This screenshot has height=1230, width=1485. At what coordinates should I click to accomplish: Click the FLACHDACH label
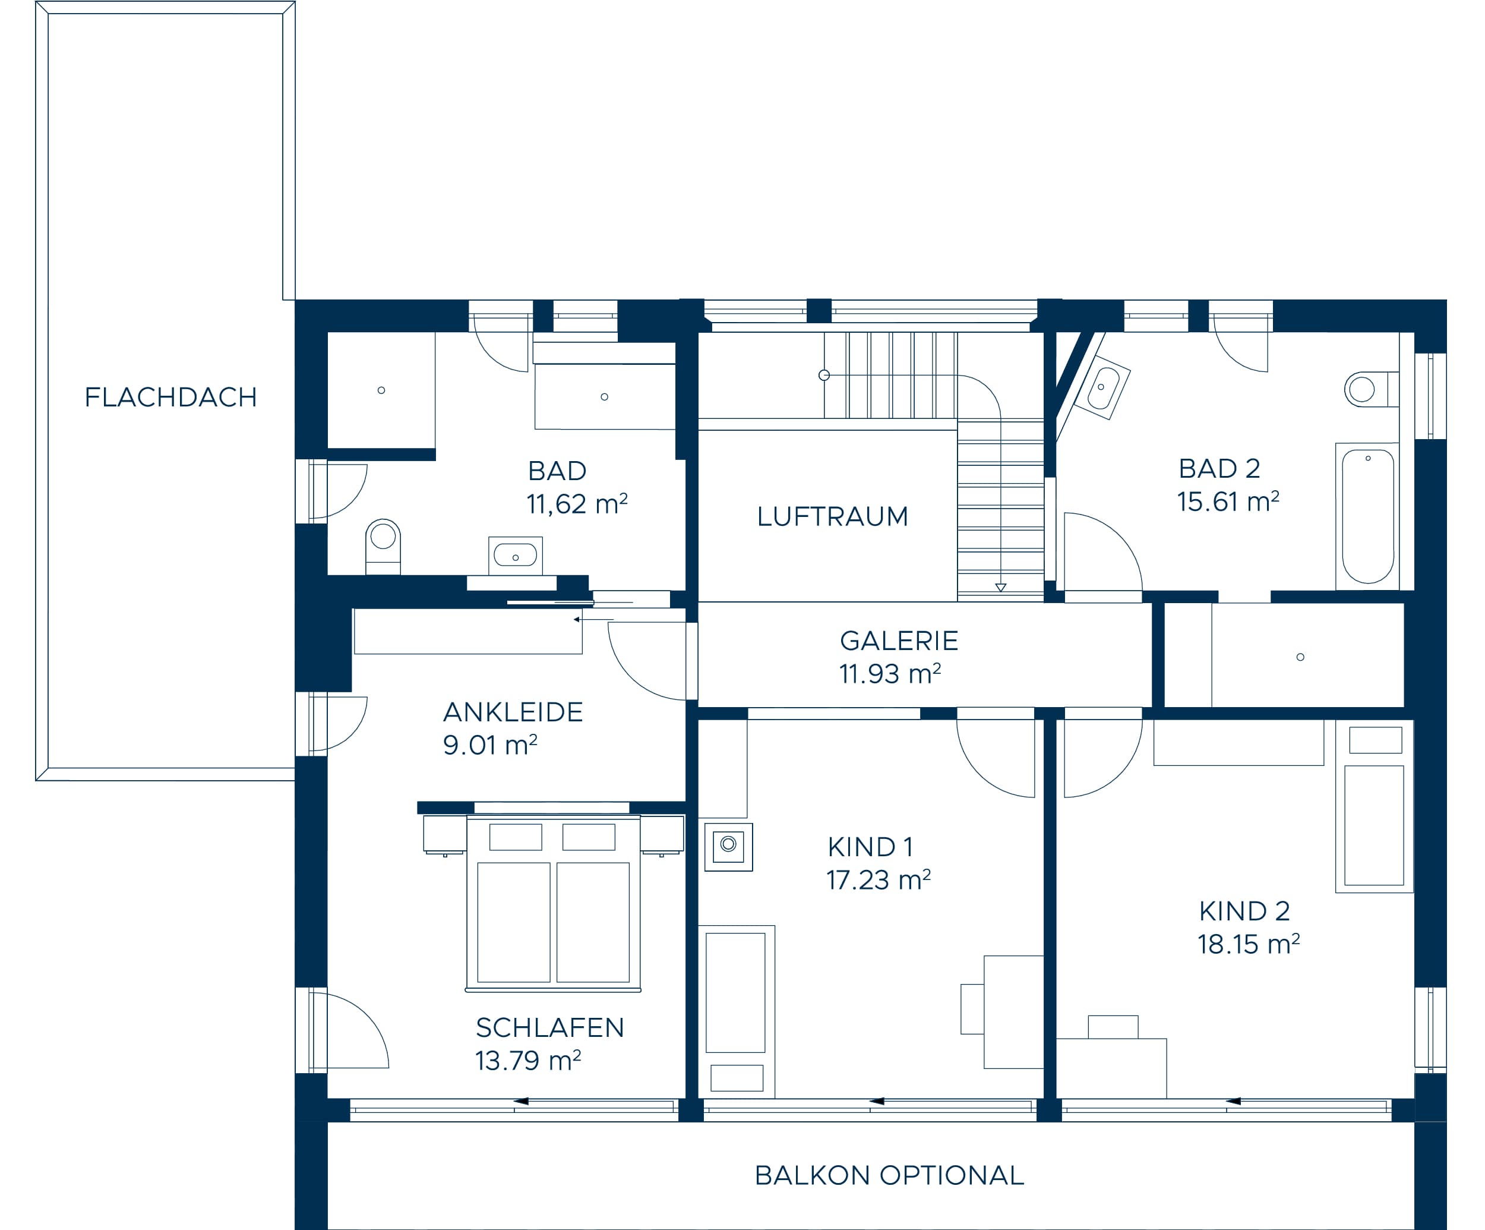[170, 398]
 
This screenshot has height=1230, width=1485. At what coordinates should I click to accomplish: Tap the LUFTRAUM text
[832, 516]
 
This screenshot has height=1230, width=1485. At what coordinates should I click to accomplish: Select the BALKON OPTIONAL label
[889, 1175]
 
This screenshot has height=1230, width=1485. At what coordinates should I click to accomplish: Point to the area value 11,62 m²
[576, 504]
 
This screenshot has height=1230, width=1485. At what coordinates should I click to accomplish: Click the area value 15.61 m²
[1228, 502]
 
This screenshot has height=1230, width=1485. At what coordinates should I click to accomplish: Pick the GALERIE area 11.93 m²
[890, 673]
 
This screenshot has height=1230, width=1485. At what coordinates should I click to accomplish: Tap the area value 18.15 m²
[1248, 944]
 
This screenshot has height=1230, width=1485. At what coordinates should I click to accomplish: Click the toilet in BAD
[383, 546]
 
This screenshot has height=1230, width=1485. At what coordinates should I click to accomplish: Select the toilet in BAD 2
[1371, 389]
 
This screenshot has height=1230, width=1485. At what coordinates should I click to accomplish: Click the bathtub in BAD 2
[1367, 516]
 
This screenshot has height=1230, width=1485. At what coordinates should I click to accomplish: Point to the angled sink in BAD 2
[1102, 388]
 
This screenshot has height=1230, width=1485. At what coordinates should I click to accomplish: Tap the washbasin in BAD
[516, 555]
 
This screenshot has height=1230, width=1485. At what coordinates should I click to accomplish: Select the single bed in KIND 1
[736, 1011]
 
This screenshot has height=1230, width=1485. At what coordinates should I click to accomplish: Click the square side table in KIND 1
[728, 847]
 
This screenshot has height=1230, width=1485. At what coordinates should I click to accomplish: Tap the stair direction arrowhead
[1001, 587]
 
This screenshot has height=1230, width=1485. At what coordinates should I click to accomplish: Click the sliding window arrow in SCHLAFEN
[521, 1101]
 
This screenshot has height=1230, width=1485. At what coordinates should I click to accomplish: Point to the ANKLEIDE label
[513, 711]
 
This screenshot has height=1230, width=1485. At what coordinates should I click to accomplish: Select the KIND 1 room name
[870, 847]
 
